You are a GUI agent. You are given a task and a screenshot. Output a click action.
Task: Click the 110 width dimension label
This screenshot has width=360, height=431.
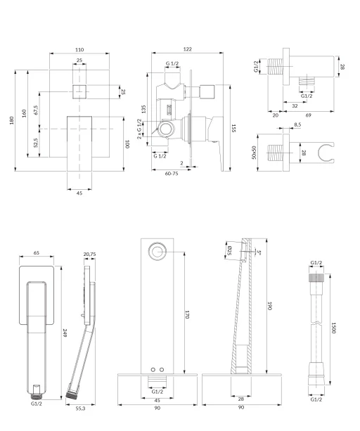[79, 50]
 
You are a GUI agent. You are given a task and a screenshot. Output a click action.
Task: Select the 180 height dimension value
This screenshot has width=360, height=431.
[11, 120]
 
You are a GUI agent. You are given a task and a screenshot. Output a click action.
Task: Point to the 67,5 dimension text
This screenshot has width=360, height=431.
[36, 110]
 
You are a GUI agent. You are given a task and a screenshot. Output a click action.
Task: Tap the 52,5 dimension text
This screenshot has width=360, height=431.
[36, 143]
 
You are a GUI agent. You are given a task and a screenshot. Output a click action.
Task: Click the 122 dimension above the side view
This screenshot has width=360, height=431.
[188, 49]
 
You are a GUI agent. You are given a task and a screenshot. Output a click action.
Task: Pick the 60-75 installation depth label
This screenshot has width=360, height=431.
[172, 174]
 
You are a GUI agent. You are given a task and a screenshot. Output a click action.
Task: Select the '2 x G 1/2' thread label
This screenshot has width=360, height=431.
[139, 129]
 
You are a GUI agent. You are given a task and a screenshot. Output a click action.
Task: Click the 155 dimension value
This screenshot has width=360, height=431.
[233, 129]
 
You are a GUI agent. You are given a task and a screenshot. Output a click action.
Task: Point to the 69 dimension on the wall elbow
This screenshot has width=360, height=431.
[309, 115]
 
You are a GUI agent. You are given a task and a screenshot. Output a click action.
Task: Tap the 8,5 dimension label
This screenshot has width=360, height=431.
[297, 124]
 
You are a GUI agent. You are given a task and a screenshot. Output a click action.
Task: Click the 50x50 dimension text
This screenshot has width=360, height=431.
[254, 153]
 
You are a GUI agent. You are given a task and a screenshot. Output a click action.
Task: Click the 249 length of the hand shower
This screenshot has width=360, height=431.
[65, 333]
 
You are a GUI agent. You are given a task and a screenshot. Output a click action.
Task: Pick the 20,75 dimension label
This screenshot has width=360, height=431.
[89, 255]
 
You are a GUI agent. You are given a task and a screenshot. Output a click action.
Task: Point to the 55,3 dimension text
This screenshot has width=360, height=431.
[80, 409]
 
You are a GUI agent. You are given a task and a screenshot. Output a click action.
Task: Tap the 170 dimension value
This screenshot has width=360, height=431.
[187, 314]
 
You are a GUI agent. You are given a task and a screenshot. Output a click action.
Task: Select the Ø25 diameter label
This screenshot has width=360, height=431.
[229, 250]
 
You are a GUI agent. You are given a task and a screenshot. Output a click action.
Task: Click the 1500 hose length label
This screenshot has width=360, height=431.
[333, 328]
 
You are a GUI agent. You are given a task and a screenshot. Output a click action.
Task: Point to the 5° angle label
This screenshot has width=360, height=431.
[258, 252]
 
